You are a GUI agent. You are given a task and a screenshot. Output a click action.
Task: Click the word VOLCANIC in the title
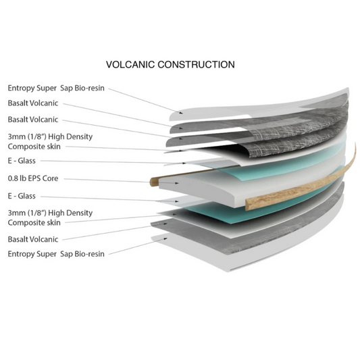[x=130, y=65]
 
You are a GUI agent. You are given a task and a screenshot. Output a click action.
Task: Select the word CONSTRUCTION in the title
[x=196, y=65]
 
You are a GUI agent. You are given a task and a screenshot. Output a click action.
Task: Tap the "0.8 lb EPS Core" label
[x=33, y=178]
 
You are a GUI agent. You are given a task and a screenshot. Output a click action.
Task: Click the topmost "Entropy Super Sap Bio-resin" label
[x=56, y=88]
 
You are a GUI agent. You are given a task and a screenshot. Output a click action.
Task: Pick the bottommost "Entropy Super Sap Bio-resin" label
[x=56, y=254]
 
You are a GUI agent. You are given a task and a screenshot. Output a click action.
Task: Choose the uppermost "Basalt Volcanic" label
[x=33, y=103]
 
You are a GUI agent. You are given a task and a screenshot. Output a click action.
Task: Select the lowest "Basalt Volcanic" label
[x=33, y=240]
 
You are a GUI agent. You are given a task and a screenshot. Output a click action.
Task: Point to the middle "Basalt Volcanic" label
[x=33, y=120]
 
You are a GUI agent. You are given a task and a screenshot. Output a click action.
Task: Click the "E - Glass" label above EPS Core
[x=22, y=161]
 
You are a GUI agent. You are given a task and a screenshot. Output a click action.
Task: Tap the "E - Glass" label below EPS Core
[x=22, y=196]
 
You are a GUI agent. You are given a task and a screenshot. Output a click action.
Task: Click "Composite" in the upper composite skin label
[x=26, y=147]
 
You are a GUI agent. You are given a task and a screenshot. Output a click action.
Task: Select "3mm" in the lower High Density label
[x=16, y=213]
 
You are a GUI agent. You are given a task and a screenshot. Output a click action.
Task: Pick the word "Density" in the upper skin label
[x=80, y=137]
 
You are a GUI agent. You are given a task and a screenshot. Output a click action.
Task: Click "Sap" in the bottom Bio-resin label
[x=67, y=254]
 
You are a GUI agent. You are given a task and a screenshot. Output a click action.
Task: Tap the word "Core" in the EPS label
[x=50, y=178]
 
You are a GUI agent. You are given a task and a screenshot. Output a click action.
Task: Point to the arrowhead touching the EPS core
[x=176, y=183]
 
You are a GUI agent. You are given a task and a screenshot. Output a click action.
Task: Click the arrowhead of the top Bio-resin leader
[x=181, y=113]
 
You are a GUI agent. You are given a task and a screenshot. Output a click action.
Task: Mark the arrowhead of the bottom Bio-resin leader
[x=165, y=239]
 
